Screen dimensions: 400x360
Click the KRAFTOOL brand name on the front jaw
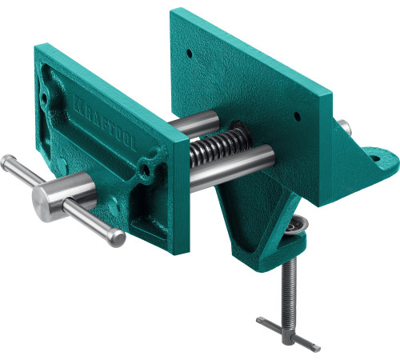click(105, 122)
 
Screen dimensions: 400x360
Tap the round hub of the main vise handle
click(64, 197)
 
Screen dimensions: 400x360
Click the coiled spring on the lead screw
click(220, 146)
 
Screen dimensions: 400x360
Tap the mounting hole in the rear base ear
click(375, 158)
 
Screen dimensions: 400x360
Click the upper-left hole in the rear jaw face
click(189, 54)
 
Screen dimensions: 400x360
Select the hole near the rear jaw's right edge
click(297, 116)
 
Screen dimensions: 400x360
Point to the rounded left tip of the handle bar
click(7, 162)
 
